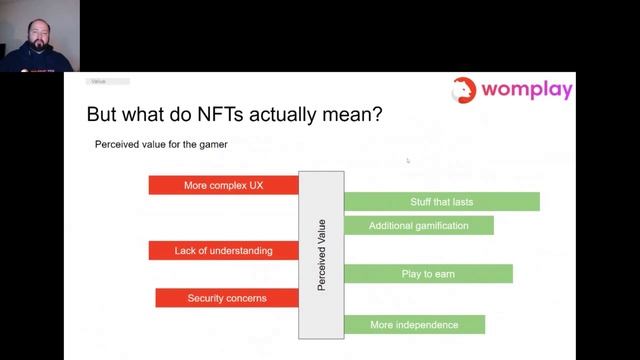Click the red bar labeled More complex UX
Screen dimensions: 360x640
click(223, 185)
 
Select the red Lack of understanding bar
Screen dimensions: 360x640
click(223, 250)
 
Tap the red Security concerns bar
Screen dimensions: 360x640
click(227, 298)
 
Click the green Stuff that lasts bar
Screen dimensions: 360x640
click(441, 201)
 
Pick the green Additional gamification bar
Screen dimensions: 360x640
click(418, 225)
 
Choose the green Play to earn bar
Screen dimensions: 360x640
click(428, 273)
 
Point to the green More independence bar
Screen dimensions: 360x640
click(414, 324)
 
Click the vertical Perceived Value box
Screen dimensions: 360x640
click(321, 255)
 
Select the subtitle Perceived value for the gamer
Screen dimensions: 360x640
click(161, 144)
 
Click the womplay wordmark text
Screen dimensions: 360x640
click(527, 89)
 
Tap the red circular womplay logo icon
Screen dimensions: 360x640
click(465, 90)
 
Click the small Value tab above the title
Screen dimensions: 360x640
click(97, 81)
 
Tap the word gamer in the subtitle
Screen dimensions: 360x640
click(213, 144)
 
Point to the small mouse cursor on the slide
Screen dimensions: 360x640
click(408, 160)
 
